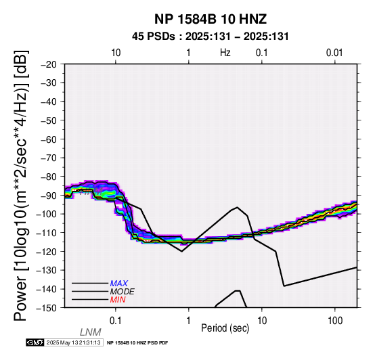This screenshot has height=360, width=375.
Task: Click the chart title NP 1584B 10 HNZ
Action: coord(211,19)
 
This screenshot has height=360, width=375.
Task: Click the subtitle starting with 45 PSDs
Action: coord(211,37)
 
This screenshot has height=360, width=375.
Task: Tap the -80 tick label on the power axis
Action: coord(49,177)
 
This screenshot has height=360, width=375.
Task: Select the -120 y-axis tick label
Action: coord(47,252)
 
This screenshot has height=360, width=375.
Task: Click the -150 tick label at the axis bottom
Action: coord(47,308)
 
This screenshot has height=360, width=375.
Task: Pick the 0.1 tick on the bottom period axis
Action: coord(116,321)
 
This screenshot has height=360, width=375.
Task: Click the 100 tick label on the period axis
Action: coord(335,321)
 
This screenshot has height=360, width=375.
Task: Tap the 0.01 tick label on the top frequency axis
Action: coord(335,53)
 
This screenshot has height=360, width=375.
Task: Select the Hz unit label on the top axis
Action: coord(225,53)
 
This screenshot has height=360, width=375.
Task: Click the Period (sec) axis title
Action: coord(225,328)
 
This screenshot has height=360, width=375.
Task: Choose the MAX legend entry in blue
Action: coord(119,284)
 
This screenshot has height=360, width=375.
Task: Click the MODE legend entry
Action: coord(123,292)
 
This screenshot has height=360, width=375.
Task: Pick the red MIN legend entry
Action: coord(118,300)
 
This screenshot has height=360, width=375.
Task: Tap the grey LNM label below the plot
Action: coord(91,332)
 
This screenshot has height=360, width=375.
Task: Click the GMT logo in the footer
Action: coord(35,342)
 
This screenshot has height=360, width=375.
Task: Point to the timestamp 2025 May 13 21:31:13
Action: coord(73,342)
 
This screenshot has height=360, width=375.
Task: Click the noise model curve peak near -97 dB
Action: coord(237,207)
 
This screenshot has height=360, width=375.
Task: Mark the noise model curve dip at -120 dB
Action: coord(182,251)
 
